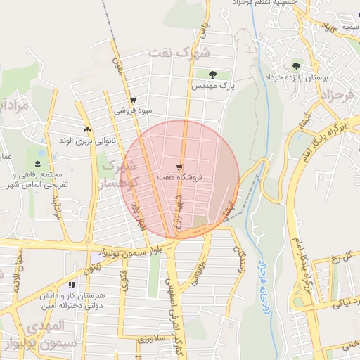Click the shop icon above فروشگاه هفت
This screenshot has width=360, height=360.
tap(180, 167)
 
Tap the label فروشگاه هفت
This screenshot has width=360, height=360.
tap(181, 178)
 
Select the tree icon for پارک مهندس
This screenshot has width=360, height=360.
tap(212, 74)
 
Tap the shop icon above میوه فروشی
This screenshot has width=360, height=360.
tap(133, 100)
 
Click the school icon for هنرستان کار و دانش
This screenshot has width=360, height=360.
tap(72, 286)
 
